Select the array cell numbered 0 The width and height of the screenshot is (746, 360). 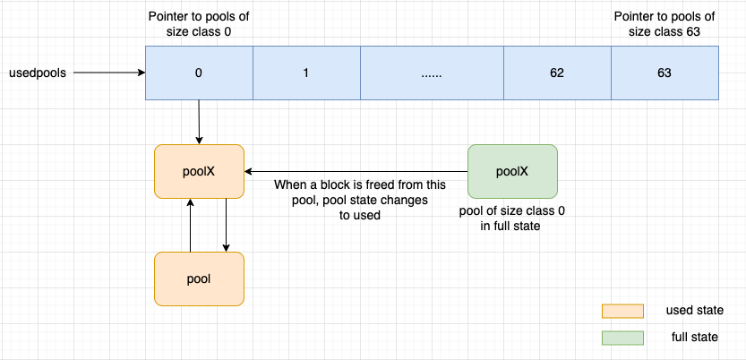tap(199, 73)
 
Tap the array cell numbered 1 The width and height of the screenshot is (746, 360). tap(306, 73)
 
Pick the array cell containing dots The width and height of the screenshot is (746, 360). tap(432, 73)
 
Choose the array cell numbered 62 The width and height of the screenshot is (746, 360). tap(557, 73)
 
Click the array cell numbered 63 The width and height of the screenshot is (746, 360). tap(665, 73)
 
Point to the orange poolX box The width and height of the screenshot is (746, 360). tap(199, 171)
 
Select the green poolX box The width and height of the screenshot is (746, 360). tap(512, 171)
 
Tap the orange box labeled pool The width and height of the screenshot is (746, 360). tap(199, 279)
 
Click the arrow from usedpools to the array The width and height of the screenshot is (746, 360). tap(107, 73)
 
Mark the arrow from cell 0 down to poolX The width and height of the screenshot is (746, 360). tap(199, 121)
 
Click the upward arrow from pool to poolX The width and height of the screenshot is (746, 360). tap(190, 225)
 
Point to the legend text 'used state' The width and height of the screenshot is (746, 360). tap(694, 310)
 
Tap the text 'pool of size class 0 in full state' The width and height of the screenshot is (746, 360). tap(512, 218)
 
